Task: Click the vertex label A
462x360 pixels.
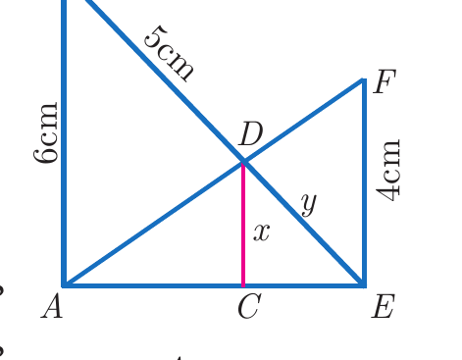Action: pyautogui.click(x=52, y=306)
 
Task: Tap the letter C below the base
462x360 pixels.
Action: pyautogui.click(x=249, y=306)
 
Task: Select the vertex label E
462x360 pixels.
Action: pyautogui.click(x=384, y=306)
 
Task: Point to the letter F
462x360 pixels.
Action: pyautogui.click(x=385, y=81)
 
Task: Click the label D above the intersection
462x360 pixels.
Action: pyautogui.click(x=251, y=134)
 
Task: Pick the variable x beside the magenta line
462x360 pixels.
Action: pyautogui.click(x=262, y=232)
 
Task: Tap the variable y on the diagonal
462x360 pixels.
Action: pyautogui.click(x=309, y=204)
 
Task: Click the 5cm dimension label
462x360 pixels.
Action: pyautogui.click(x=169, y=54)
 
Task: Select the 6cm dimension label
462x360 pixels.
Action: pyautogui.click(x=46, y=132)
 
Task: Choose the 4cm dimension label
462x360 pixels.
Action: pyautogui.click(x=388, y=171)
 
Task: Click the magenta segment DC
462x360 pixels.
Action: pyautogui.click(x=243, y=225)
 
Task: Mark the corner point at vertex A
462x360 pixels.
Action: pyautogui.click(x=65, y=285)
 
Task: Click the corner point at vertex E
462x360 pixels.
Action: pyautogui.click(x=363, y=285)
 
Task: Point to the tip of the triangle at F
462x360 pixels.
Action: pyautogui.click(x=364, y=79)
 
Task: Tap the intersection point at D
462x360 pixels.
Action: pyautogui.click(x=243, y=161)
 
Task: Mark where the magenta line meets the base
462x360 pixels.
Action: pyautogui.click(x=243, y=285)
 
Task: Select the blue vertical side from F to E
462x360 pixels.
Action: pyautogui.click(x=364, y=182)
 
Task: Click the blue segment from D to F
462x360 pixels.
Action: pyautogui.click(x=303, y=121)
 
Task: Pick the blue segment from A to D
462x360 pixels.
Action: pyautogui.click(x=154, y=224)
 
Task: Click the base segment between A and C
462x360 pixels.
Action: pyautogui.click(x=154, y=285)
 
